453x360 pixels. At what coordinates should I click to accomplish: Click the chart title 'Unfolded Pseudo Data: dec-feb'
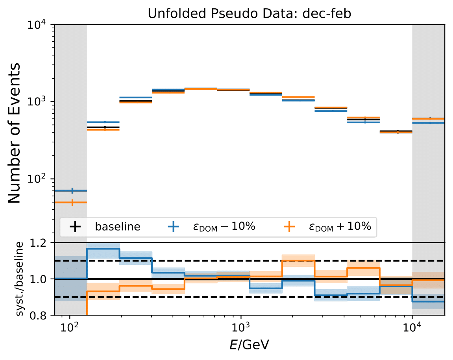(x=250, y=13)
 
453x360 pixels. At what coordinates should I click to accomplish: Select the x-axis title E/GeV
(x=250, y=345)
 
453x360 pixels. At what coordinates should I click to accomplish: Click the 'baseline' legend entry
(x=117, y=227)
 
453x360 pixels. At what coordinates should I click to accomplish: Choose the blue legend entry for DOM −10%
(x=224, y=227)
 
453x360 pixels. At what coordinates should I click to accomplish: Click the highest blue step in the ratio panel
(x=103, y=249)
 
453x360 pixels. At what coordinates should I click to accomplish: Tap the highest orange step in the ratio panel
(x=298, y=260)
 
